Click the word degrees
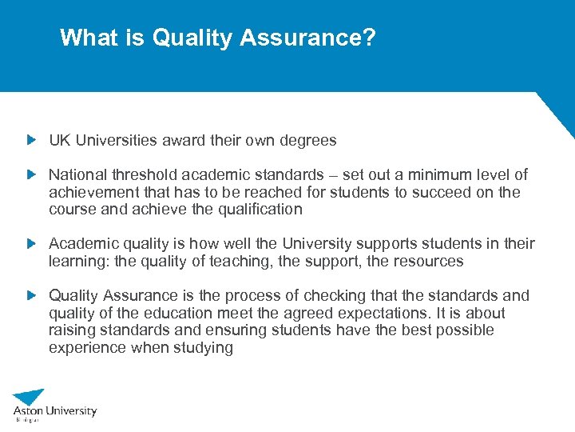click(x=308, y=141)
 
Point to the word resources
click(x=430, y=261)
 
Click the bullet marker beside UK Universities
click(x=31, y=140)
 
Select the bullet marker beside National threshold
click(x=31, y=174)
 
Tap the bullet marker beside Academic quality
click(x=31, y=243)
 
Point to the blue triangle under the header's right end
click(x=559, y=112)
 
